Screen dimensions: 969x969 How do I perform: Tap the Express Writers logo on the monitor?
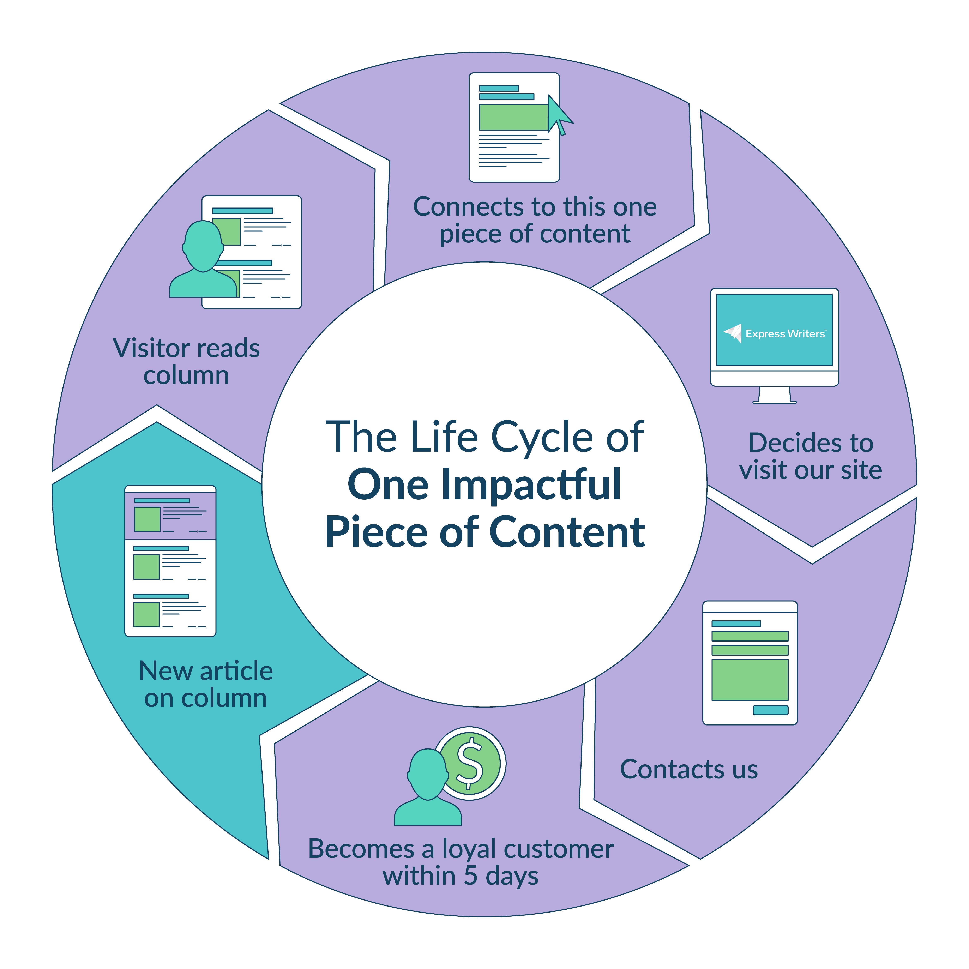coord(775,333)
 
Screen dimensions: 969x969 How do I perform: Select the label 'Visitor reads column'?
coord(186,362)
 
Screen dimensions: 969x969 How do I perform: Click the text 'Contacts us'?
coord(689,769)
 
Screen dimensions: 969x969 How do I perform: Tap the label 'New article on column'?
coord(206,684)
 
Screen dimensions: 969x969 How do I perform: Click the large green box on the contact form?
coord(750,680)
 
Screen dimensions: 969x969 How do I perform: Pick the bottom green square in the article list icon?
coord(146,614)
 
